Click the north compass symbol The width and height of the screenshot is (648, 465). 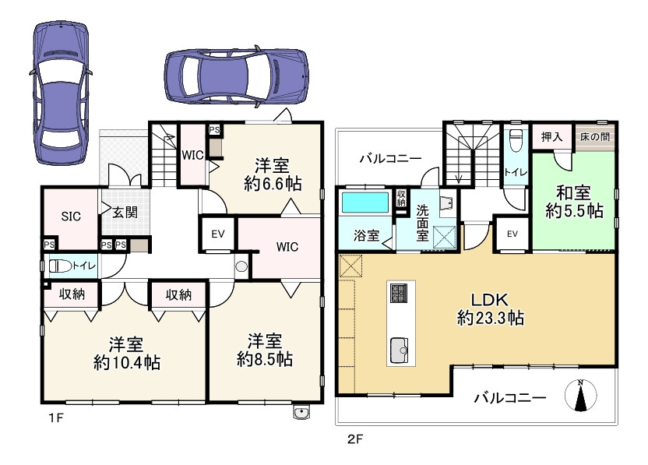(x=581, y=395)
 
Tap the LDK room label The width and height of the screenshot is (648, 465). (x=490, y=308)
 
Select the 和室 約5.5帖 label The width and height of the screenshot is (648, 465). (x=574, y=202)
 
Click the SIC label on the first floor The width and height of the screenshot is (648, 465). (x=71, y=217)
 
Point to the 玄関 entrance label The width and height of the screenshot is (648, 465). (x=125, y=213)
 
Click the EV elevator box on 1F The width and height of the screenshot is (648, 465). (x=218, y=234)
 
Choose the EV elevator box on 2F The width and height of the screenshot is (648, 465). (x=512, y=234)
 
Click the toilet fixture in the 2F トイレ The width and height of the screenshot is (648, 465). (x=515, y=141)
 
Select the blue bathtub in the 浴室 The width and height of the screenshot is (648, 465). (x=365, y=203)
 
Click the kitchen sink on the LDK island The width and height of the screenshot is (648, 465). (x=399, y=351)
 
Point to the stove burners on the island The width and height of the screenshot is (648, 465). (x=399, y=293)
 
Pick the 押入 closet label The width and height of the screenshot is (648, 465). (x=552, y=137)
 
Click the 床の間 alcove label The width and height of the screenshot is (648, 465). (x=595, y=137)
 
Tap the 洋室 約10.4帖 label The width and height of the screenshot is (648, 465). (x=127, y=354)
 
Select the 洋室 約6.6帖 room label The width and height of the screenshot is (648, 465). (x=272, y=174)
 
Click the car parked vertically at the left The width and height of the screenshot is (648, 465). (x=61, y=93)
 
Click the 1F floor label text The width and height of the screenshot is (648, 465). (x=56, y=418)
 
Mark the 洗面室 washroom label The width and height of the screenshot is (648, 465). (x=422, y=223)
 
